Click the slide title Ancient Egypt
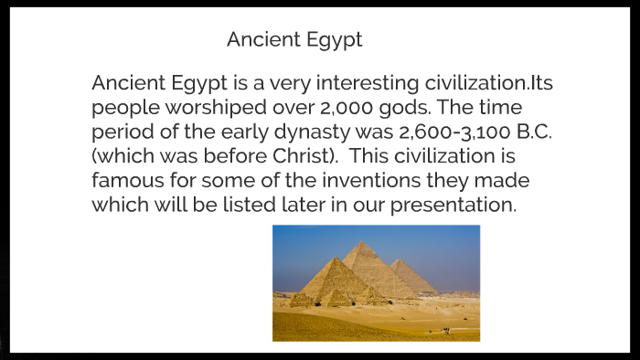[x=294, y=40]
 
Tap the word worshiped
[x=202, y=108]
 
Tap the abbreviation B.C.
[x=531, y=132]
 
